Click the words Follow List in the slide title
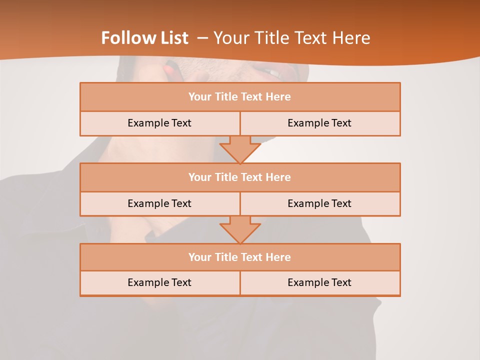pyautogui.click(x=144, y=38)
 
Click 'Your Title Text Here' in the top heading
pyautogui.click(x=291, y=38)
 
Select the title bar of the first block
pyautogui.click(x=240, y=97)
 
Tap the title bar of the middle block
pyautogui.click(x=240, y=177)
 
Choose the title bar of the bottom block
pyautogui.click(x=240, y=257)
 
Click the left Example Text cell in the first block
pyautogui.click(x=159, y=123)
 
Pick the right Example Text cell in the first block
pyautogui.click(x=319, y=123)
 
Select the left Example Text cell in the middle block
pyautogui.click(x=159, y=203)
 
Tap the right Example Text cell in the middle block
pyautogui.click(x=319, y=203)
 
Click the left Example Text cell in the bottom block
pyautogui.click(x=159, y=282)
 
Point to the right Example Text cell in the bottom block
pyautogui.click(x=319, y=282)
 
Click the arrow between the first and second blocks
pyautogui.click(x=240, y=149)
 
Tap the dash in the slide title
pyautogui.click(x=202, y=38)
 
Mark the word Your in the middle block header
pyautogui.click(x=199, y=177)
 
